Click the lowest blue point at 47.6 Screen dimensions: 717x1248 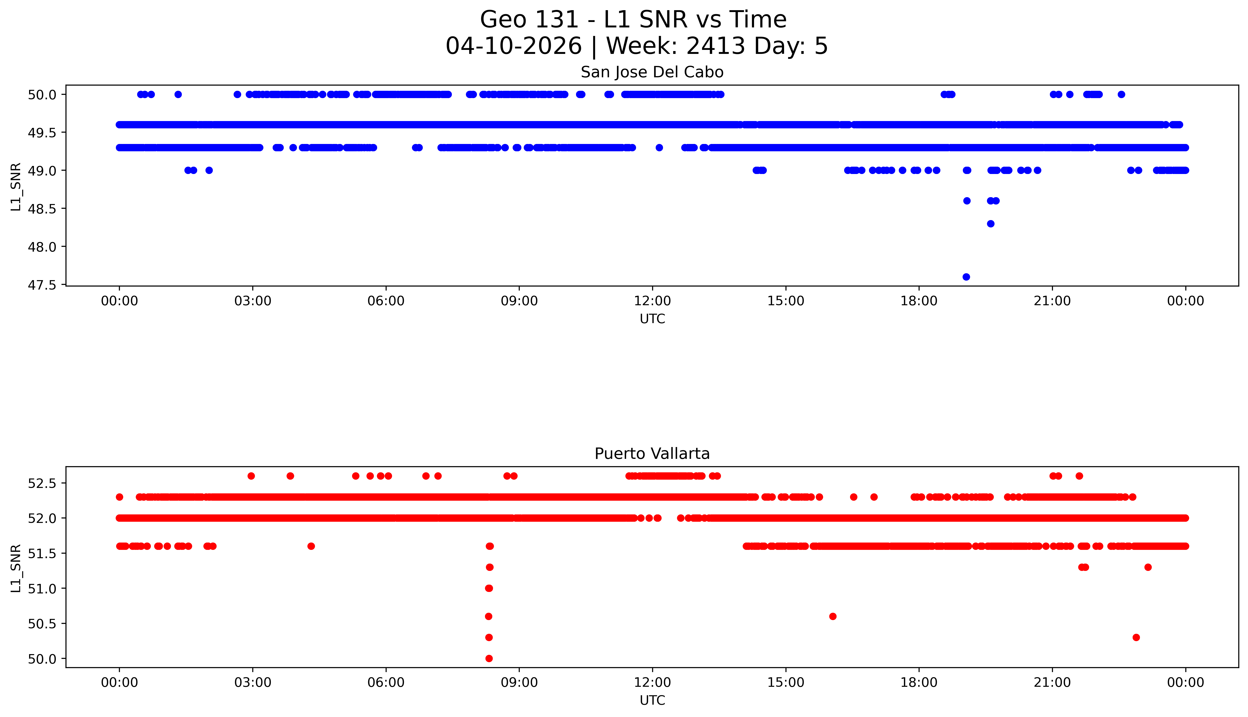tap(966, 277)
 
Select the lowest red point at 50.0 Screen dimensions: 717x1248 tap(489, 658)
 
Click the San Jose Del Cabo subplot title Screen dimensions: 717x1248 tap(652, 72)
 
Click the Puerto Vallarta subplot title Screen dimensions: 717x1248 tap(652, 454)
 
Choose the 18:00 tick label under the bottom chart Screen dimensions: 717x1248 tap(919, 682)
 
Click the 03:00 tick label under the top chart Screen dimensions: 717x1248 tap(253, 301)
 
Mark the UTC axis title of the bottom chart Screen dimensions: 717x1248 tap(652, 700)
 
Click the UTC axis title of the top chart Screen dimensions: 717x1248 tap(652, 319)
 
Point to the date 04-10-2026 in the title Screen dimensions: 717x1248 tap(514, 46)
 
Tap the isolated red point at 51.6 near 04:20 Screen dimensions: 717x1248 tap(311, 546)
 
